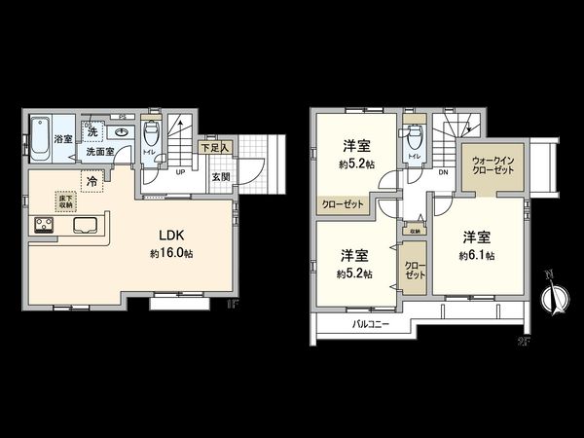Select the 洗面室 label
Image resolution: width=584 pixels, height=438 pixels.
[x=99, y=152]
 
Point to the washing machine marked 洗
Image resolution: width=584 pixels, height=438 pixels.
[x=92, y=131]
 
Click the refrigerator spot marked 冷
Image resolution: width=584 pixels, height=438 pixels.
[x=91, y=180]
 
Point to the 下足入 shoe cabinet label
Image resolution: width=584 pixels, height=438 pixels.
[x=214, y=148]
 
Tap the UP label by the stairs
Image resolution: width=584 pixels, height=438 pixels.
[x=181, y=173]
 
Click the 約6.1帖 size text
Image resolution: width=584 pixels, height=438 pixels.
[x=477, y=255]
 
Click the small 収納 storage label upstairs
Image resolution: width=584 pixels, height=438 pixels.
[x=415, y=232]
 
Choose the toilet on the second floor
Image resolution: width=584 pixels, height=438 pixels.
[x=413, y=135]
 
